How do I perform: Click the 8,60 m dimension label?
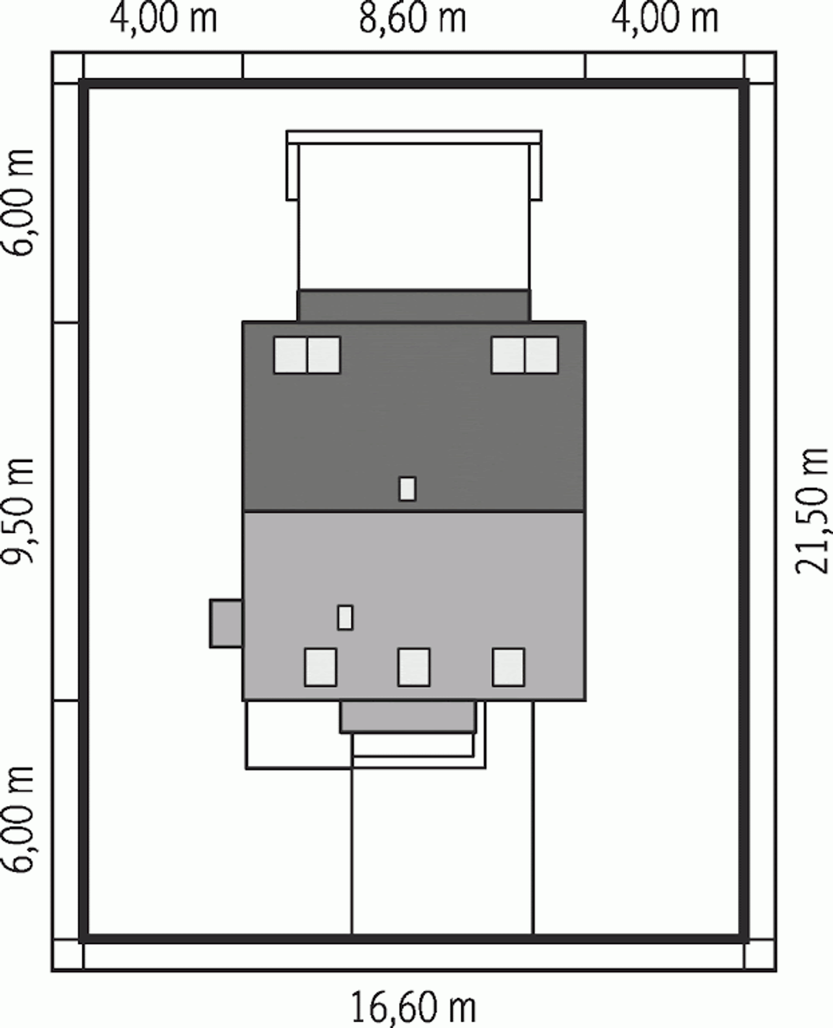coord(413,20)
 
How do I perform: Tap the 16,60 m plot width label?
coord(414,1008)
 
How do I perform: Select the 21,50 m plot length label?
coord(812,511)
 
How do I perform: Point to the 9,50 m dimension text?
coord(18,511)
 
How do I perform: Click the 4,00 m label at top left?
coord(163,20)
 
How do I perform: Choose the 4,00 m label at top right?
coord(665,20)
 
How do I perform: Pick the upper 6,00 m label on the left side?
coord(18,203)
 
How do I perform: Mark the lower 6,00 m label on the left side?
coord(18,820)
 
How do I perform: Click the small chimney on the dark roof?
coord(407,489)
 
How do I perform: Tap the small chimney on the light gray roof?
coord(345,617)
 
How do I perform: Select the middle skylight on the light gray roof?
coord(414,668)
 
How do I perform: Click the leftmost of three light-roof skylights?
coord(320,668)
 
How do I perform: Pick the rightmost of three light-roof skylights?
coord(508,668)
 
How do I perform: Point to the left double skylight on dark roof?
coord(307,355)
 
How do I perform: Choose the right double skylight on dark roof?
coord(525,355)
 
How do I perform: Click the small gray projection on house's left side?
coord(226,623)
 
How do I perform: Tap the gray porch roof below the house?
coord(408,717)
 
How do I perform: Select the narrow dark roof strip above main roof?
coord(414,306)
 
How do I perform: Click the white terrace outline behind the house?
coord(414,137)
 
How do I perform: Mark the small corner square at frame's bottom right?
coord(760,954)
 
